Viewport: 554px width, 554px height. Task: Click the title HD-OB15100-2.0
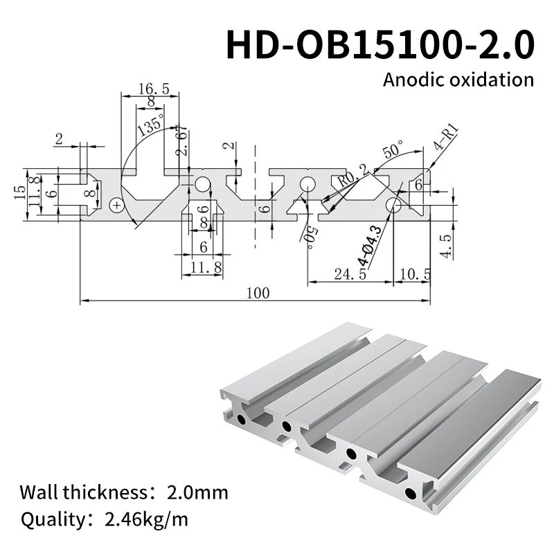pyautogui.click(x=380, y=43)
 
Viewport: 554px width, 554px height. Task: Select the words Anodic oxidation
pyautogui.click(x=458, y=79)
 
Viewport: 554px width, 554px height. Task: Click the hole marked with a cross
pyautogui.click(x=116, y=204)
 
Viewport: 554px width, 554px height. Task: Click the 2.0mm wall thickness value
pyautogui.click(x=197, y=493)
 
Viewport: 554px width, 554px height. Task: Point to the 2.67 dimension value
pyautogui.click(x=182, y=141)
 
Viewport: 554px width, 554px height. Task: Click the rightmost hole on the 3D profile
pyautogui.click(x=412, y=494)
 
